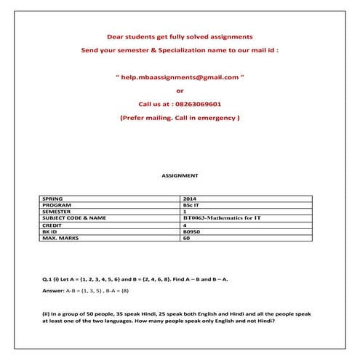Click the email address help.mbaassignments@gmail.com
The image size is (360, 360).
point(180,76)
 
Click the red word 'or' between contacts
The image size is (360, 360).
point(180,90)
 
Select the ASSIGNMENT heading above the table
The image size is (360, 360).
point(179,175)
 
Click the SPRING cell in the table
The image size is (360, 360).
point(53,199)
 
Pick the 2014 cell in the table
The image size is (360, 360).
point(190,199)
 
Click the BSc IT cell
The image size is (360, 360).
point(191,205)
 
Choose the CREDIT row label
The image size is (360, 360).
point(53,225)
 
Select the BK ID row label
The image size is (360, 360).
point(52,231)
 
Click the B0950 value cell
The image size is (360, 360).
point(191,231)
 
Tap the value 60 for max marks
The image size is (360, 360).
point(186,238)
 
